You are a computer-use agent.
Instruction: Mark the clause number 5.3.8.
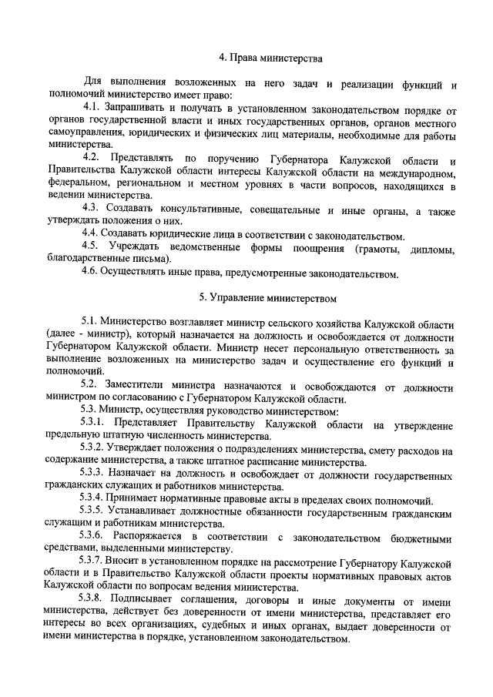point(97,601)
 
